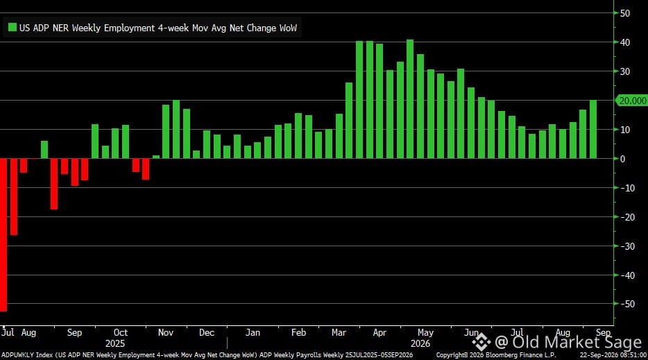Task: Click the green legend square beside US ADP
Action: tap(12, 27)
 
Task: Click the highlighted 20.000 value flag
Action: tap(631, 101)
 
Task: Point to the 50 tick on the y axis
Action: tap(625, 13)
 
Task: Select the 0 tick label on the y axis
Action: tap(623, 159)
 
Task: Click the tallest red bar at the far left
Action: tap(3, 234)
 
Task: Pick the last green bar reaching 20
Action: tap(593, 130)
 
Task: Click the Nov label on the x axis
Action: tap(165, 333)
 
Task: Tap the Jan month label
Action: tap(253, 333)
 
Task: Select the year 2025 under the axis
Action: tap(115, 344)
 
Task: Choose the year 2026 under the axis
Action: tap(420, 344)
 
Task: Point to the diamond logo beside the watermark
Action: tap(481, 342)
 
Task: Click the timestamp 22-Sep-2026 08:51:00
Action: tap(613, 355)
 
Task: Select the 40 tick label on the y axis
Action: tap(625, 42)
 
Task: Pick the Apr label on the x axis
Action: tap(380, 333)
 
